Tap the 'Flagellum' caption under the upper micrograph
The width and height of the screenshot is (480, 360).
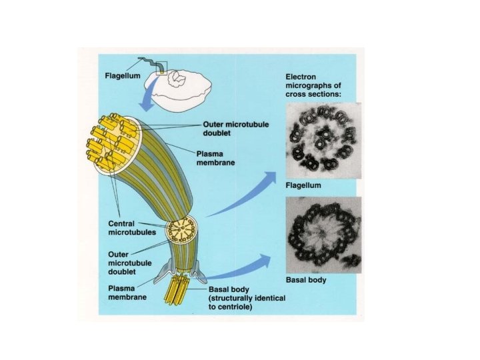pos(303,184)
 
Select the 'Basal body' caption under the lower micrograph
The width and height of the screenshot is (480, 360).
pos(305,280)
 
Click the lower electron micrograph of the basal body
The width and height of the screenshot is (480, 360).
pos(323,235)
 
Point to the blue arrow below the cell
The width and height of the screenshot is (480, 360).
pos(149,102)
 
